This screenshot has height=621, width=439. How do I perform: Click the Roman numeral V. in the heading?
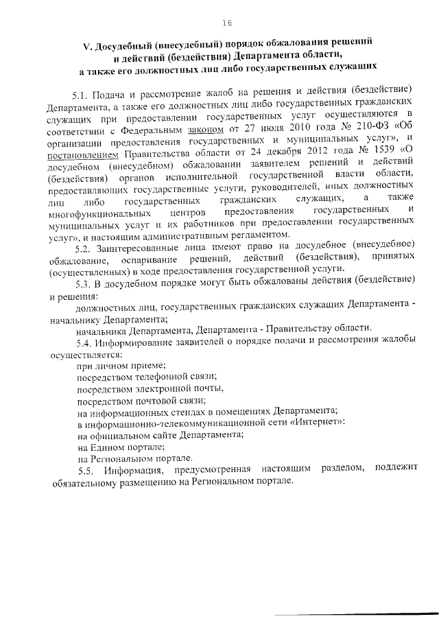click(x=87, y=46)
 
